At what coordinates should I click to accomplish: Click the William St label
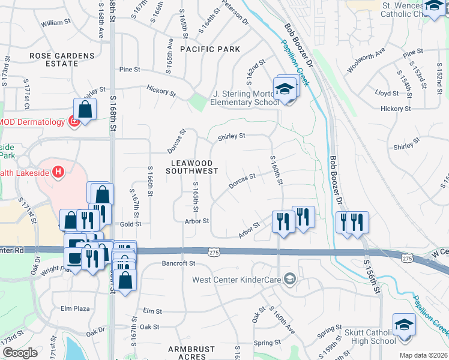pos(56,23)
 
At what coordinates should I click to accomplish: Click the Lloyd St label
pos(387,93)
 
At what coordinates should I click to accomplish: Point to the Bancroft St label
pos(179,263)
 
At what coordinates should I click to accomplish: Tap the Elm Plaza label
pos(75,308)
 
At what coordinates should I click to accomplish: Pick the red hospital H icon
pos(58,173)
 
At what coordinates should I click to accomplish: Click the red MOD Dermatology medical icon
pos(74,122)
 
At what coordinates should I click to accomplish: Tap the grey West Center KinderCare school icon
pos(290,278)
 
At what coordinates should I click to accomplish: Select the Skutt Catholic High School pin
pos(404,325)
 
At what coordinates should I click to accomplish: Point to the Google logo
pos(20,353)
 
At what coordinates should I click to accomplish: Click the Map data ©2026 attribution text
pos(423,355)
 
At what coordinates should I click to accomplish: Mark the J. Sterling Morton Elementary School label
pos(246,98)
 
